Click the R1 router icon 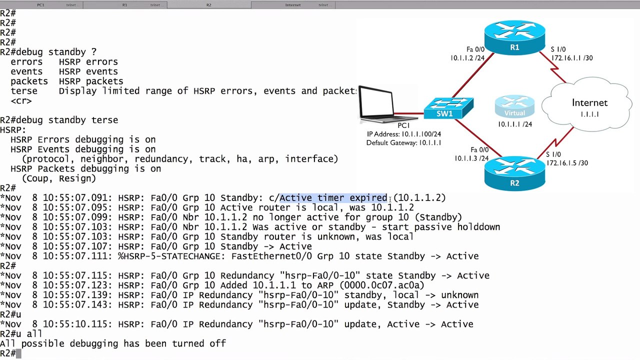click(x=514, y=37)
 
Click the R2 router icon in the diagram click(x=514, y=173)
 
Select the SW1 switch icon click(x=448, y=108)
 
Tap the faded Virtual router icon click(x=514, y=106)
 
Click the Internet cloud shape click(x=587, y=104)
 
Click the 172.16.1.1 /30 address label click(x=572, y=58)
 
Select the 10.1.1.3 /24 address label click(x=471, y=158)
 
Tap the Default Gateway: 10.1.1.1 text click(x=403, y=143)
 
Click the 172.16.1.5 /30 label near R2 click(x=567, y=163)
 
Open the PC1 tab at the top click(x=41, y=5)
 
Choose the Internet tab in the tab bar click(x=293, y=5)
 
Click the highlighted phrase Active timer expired click(x=333, y=197)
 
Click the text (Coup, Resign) click(x=59, y=178)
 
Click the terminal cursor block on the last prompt click(x=18, y=353)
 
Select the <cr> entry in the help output click(x=21, y=101)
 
